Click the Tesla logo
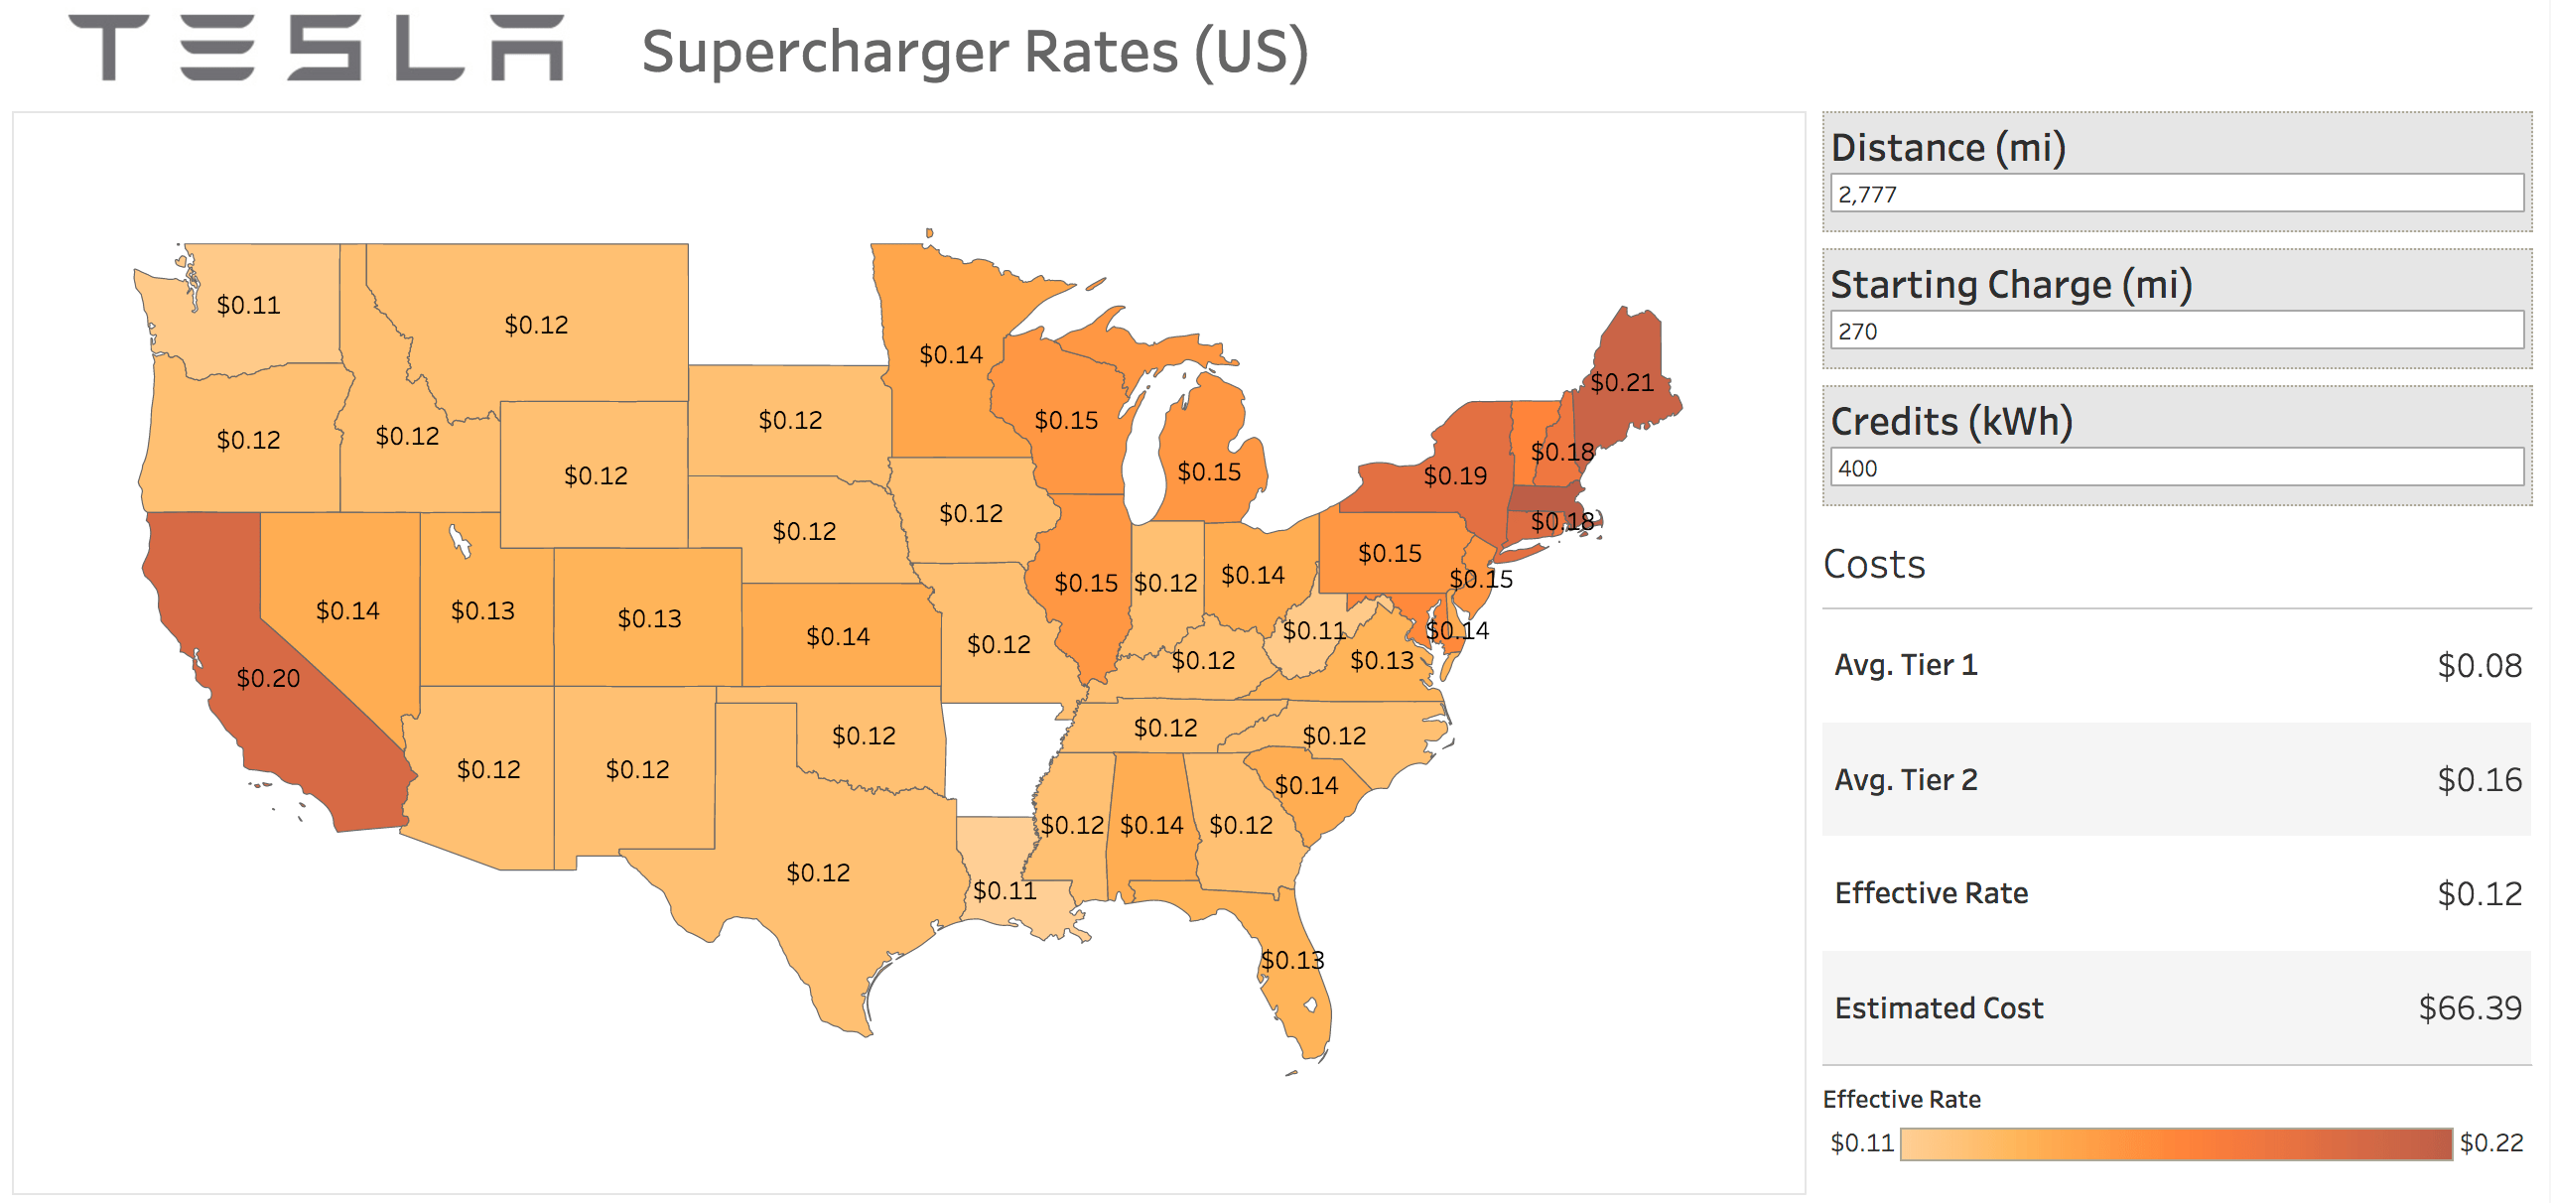pyautogui.click(x=316, y=48)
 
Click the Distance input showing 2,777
pyautogui.click(x=2176, y=194)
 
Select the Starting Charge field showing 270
pyautogui.click(x=2176, y=331)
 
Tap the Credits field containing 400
pyautogui.click(x=2176, y=468)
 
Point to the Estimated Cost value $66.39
pyautogui.click(x=2469, y=1008)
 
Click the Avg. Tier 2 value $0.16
pyautogui.click(x=2479, y=780)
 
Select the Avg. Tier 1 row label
pyautogui.click(x=1905, y=665)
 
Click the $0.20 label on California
pyautogui.click(x=268, y=678)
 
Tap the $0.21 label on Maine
pyautogui.click(x=1621, y=382)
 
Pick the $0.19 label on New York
pyautogui.click(x=1454, y=475)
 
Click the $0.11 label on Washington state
pyautogui.click(x=248, y=305)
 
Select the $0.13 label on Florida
pyautogui.click(x=1291, y=960)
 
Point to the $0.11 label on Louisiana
pyautogui.click(x=1004, y=890)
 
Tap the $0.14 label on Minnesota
pyautogui.click(x=950, y=354)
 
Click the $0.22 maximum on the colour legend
pyautogui.click(x=2490, y=1142)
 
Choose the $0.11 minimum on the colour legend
pyautogui.click(x=1861, y=1142)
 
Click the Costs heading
pyautogui.click(x=1874, y=564)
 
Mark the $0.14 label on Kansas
pyautogui.click(x=837, y=636)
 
